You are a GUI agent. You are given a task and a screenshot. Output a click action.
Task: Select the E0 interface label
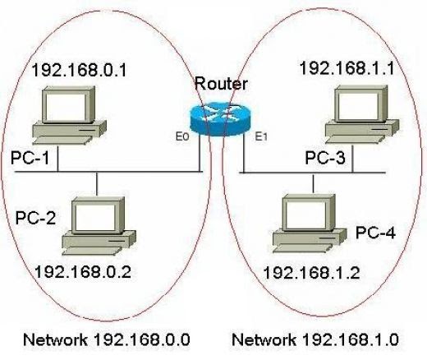[182, 138]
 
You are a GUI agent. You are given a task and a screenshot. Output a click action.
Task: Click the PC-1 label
[30, 156]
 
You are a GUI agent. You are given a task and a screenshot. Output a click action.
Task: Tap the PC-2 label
[35, 219]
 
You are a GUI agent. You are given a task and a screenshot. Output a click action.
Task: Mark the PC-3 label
[324, 156]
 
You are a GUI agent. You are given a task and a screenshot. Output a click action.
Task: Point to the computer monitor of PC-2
[98, 215]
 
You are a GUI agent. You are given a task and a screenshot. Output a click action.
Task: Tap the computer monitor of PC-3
[360, 104]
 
